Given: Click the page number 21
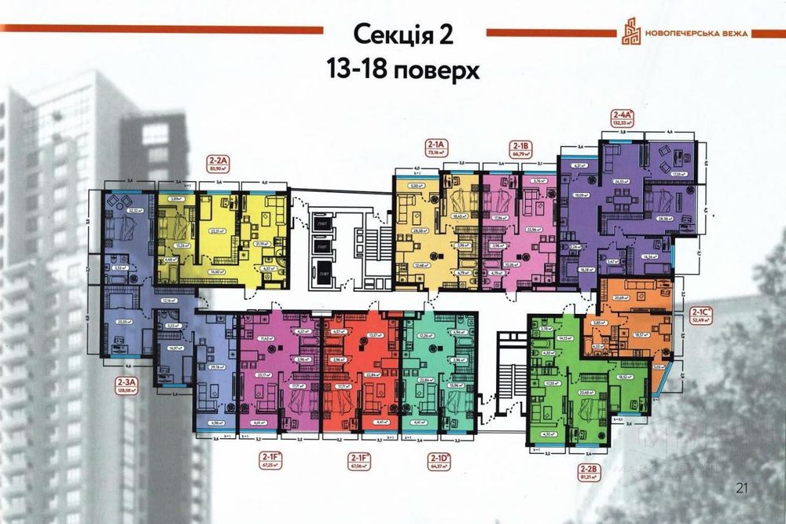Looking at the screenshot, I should (742, 489).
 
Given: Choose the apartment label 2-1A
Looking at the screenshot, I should (435, 145).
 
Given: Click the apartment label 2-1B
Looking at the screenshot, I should (520, 145).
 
